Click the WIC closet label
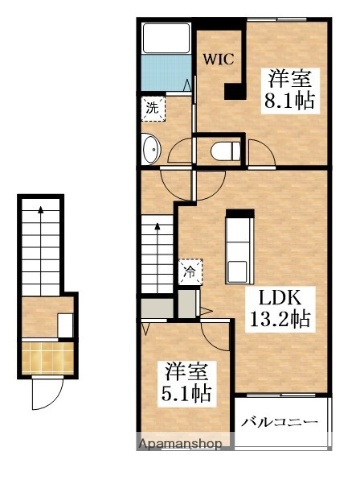click(x=219, y=60)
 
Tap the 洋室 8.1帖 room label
click(x=290, y=90)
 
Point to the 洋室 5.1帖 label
click(x=186, y=383)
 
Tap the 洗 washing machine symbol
click(x=153, y=108)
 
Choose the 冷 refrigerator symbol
click(x=190, y=272)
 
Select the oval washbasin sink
click(x=151, y=149)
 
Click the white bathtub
click(x=166, y=38)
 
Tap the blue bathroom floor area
click(x=166, y=72)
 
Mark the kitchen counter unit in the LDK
click(x=239, y=247)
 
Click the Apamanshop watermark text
click(x=180, y=444)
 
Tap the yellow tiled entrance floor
click(x=47, y=358)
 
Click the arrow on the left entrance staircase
click(x=41, y=251)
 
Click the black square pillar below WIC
click(x=235, y=91)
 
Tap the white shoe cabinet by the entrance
click(x=65, y=325)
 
